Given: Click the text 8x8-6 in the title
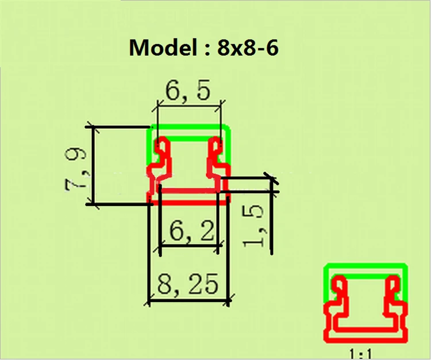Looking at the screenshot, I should point(248,48).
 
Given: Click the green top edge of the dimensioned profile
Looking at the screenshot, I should point(190,127).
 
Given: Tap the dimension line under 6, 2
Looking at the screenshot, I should point(190,246).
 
